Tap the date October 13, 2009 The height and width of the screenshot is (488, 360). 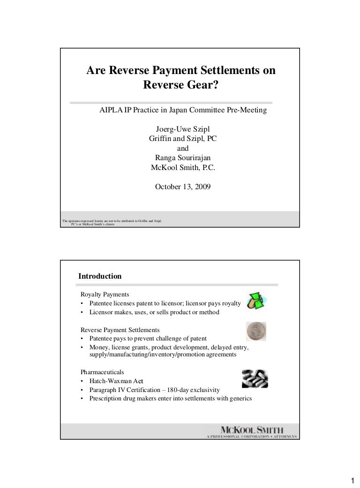pos(182,187)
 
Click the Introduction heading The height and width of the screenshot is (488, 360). pos(100,276)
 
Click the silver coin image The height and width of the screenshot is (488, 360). pos(256,331)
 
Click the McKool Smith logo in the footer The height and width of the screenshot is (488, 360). pos(251,431)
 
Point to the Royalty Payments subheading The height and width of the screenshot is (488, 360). pos(105,295)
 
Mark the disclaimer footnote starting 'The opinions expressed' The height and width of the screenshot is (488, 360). pos(112,222)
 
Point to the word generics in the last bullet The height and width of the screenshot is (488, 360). pos(240,399)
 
